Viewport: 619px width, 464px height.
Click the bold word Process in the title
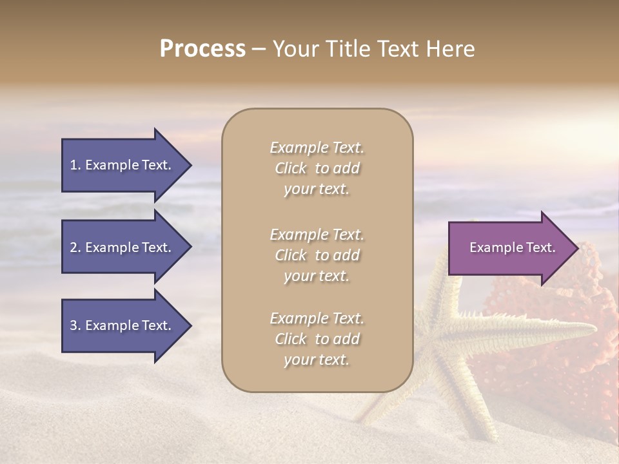point(202,49)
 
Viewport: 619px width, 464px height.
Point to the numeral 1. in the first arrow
point(75,165)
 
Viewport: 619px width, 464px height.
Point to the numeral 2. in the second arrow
point(75,247)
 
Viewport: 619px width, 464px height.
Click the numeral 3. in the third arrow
point(75,325)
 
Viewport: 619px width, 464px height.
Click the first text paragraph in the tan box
point(317,168)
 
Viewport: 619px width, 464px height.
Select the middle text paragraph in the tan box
point(317,255)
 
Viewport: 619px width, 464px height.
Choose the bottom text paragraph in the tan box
point(317,339)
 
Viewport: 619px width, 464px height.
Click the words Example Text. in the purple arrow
point(512,247)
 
